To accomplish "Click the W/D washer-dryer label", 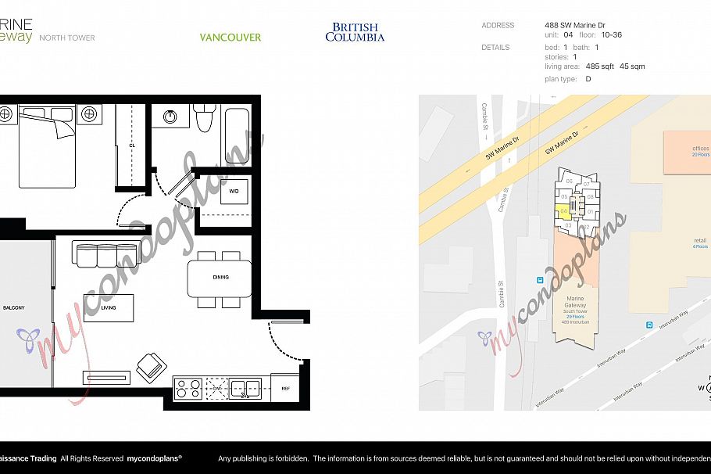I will pos(234,191).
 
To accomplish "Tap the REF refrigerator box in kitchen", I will pos(284,387).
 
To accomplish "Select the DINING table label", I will pos(220,277).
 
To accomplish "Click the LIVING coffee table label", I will pos(109,308).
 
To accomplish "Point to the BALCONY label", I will pos(13,308).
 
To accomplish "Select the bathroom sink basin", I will pos(170,117).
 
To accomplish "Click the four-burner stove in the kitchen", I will pos(188,389).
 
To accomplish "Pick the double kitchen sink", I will pos(245,388).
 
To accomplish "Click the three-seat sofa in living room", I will pos(105,255).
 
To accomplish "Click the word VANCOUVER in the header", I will pos(230,37).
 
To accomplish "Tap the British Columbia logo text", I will pos(355,32).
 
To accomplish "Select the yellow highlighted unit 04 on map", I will pos(564,211).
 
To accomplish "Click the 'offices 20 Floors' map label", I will pos(679,151).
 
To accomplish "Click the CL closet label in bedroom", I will pos(133,145).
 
